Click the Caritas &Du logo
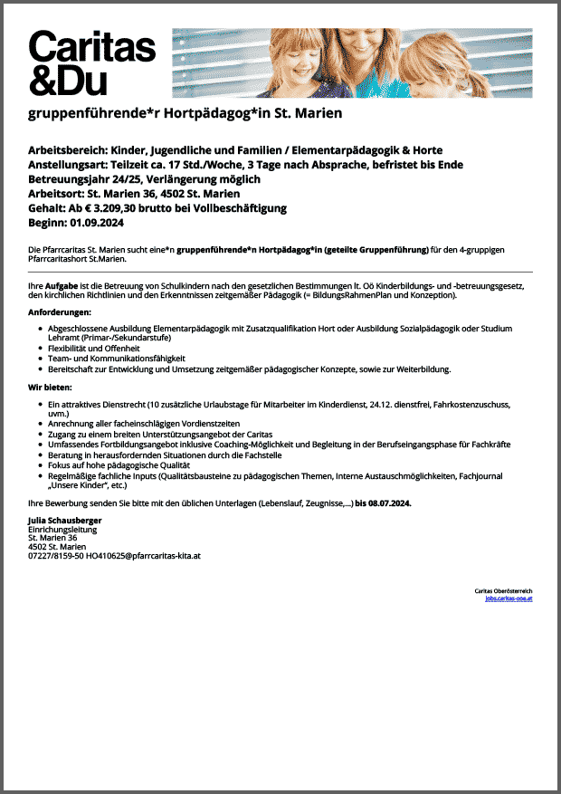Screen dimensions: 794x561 [x=91, y=62]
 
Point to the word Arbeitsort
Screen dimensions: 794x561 [x=54, y=194]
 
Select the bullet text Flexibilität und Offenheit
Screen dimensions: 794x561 [x=94, y=348]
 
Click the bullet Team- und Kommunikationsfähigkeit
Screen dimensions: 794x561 [x=116, y=359]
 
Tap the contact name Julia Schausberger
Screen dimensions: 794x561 [x=64, y=521]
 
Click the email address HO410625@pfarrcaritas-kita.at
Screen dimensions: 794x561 [x=143, y=556]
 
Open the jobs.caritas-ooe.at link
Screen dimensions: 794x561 [x=509, y=598]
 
